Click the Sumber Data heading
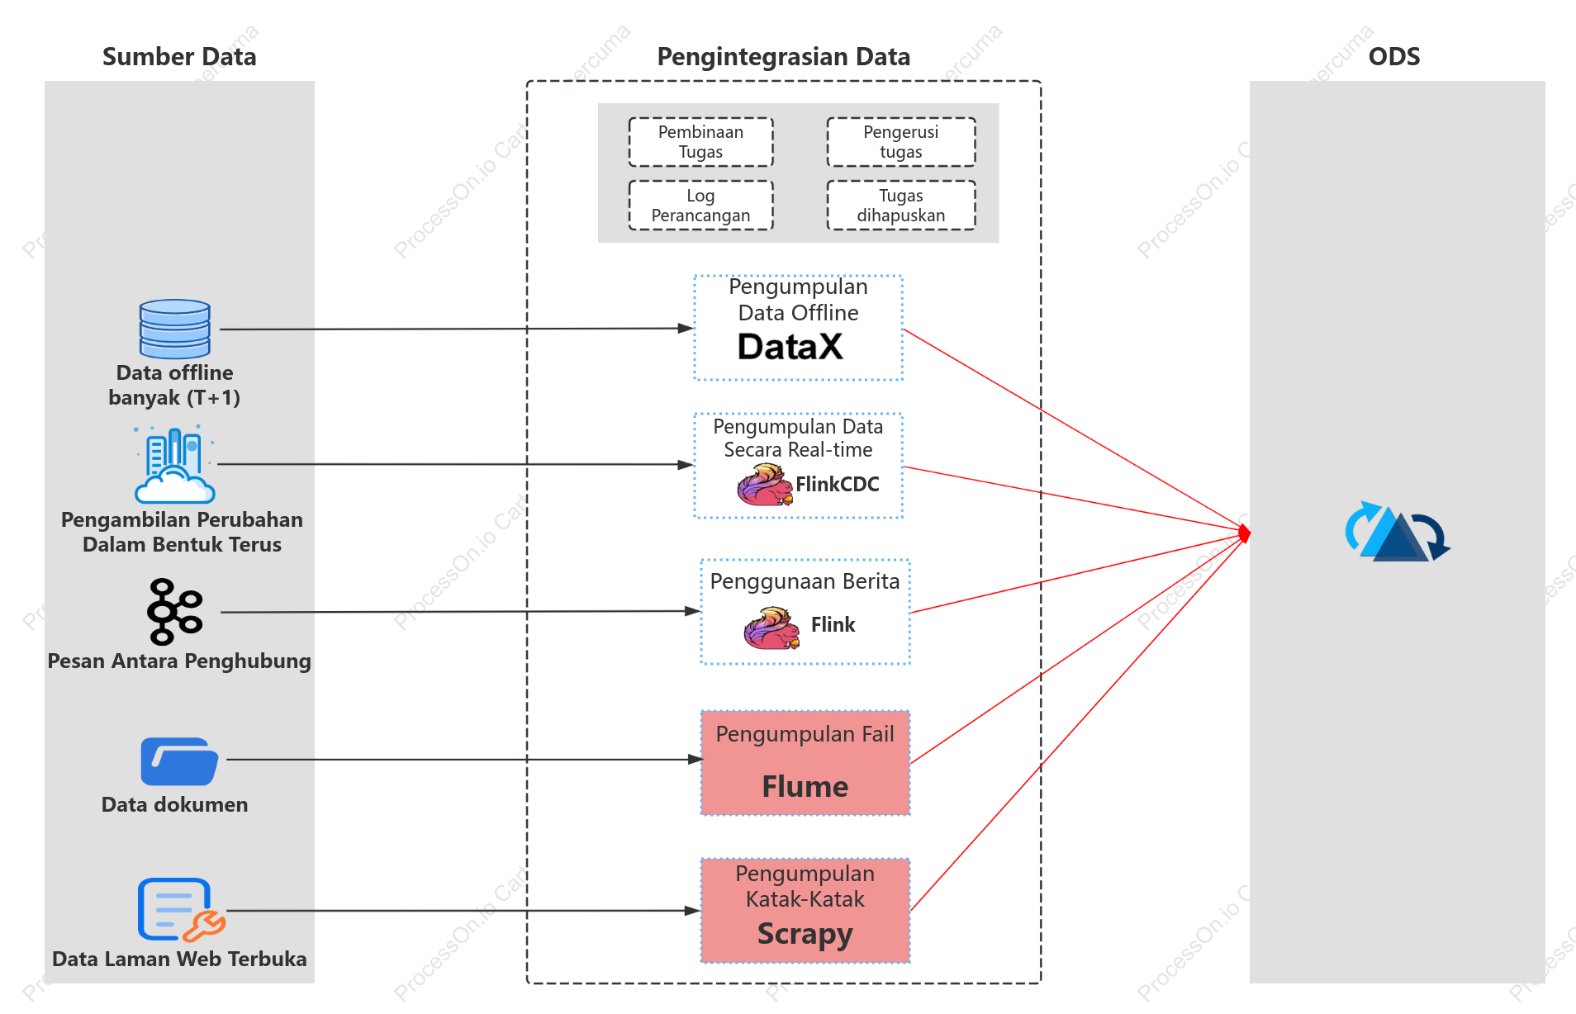tap(179, 56)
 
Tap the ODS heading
tap(1394, 56)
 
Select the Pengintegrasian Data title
tap(783, 56)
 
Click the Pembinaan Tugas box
tap(700, 142)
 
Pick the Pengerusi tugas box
tap(901, 142)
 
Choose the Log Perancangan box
tap(700, 206)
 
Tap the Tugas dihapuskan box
tap(901, 206)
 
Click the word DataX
tap(790, 347)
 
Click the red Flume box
tap(805, 763)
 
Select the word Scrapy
tap(805, 934)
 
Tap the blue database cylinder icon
tap(175, 329)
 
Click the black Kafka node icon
tap(174, 612)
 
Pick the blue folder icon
tap(179, 761)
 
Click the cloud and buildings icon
tap(174, 464)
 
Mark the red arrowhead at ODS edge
tap(1245, 534)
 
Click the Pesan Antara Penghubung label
tap(179, 661)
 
